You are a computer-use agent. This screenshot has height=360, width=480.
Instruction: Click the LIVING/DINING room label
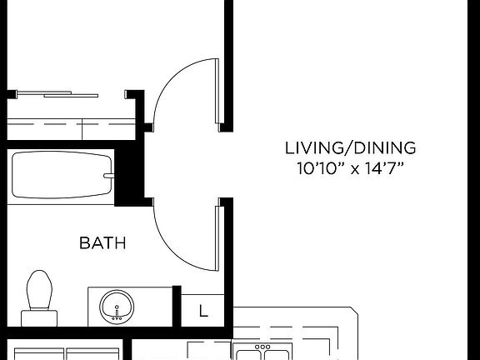coord(350,149)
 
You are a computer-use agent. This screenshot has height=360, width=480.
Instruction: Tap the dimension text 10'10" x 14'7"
coord(350,168)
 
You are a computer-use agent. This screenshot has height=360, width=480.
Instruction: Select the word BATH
coord(102,243)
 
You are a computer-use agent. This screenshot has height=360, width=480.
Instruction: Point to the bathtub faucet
coord(107,176)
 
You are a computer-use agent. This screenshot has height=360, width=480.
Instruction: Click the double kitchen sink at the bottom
coord(262,351)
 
